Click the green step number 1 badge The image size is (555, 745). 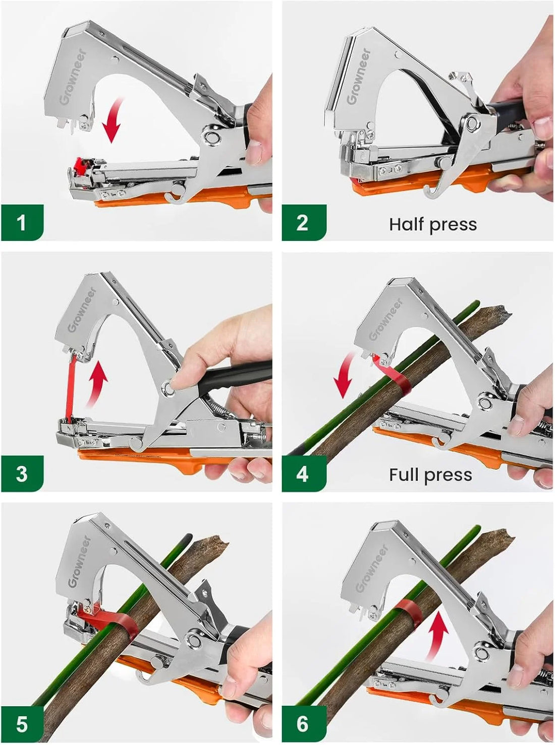click(22, 222)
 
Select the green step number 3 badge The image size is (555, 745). click(22, 473)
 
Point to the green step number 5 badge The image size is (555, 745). click(22, 724)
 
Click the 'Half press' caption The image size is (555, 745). click(432, 224)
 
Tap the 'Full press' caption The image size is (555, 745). click(430, 475)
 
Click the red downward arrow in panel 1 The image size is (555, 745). click(114, 120)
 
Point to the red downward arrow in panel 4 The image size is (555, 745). click(345, 376)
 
